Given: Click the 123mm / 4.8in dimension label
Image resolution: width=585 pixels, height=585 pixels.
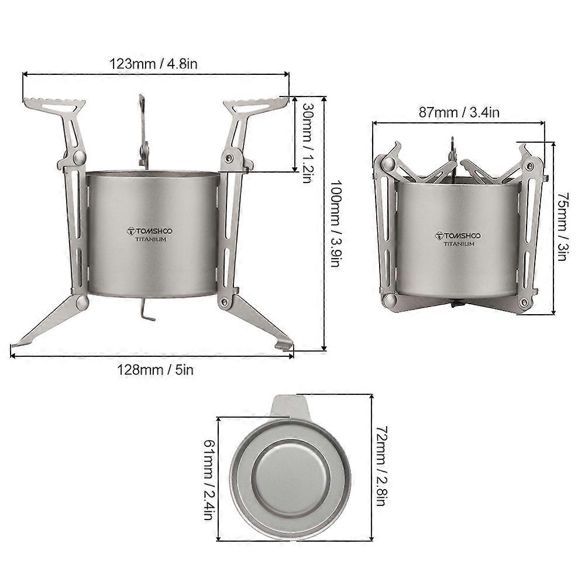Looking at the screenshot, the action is point(153,64).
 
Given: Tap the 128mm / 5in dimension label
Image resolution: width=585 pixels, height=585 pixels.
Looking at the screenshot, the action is point(155,370).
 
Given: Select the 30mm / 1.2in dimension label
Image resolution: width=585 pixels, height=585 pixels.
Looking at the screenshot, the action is point(308,143).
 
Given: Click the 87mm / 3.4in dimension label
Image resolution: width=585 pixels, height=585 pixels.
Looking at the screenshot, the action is point(459,112).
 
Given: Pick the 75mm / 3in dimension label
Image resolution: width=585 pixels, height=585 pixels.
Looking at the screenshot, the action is point(563,226).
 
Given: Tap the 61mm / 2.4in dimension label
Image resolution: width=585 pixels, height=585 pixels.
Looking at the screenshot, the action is point(209,480).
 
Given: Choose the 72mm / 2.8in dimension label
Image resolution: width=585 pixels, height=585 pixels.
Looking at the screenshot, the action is point(381,466).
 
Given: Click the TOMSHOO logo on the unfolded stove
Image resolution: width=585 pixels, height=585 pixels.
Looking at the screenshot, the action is point(149,231).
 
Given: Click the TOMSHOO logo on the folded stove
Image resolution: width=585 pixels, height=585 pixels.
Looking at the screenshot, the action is point(458,236).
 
